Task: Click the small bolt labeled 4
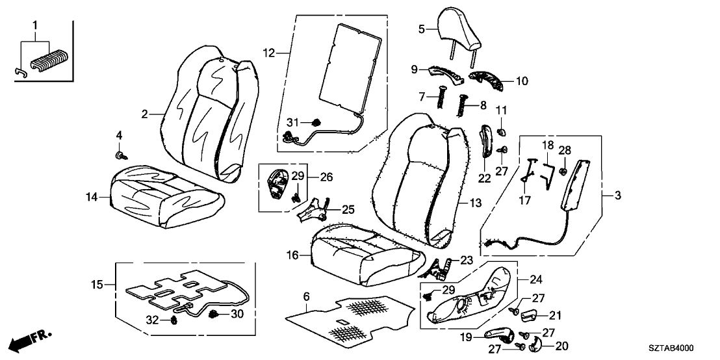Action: pos(120,155)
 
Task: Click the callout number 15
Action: pos(97,284)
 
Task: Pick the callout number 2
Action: pos(146,114)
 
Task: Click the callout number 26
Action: pos(326,176)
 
